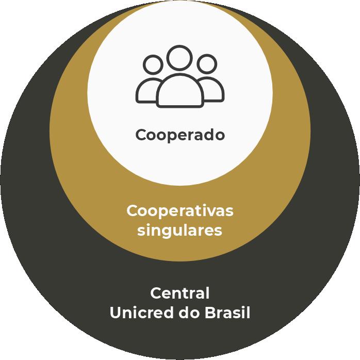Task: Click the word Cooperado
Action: pos(180,135)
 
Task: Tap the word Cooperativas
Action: pos(180,211)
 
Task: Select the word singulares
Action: pos(180,230)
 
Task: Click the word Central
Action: pos(180,293)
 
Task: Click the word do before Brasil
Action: pos(189,313)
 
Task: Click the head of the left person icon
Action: pos(153,66)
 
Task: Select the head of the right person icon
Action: pos(207,65)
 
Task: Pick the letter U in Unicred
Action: pos(116,313)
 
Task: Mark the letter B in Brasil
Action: pos(210,313)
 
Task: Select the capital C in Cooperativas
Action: pos(132,211)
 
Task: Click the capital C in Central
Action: pos(156,293)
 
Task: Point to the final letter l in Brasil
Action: pos(248,313)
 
